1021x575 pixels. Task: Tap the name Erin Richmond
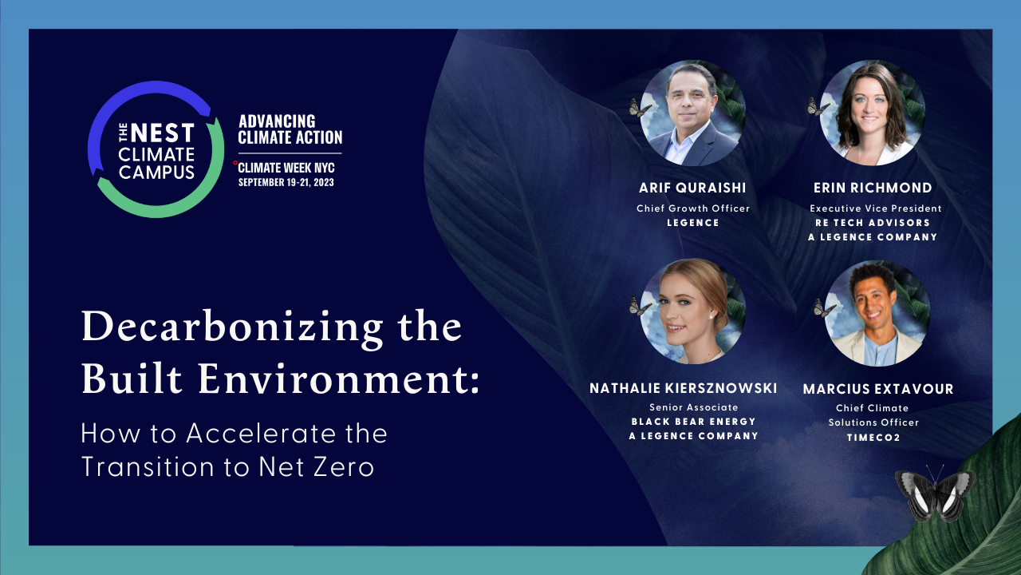click(x=873, y=188)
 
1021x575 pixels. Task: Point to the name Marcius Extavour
click(x=878, y=389)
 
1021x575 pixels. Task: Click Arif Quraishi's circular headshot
click(x=692, y=113)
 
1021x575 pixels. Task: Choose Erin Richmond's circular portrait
click(x=873, y=113)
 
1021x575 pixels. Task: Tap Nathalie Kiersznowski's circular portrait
click(x=692, y=311)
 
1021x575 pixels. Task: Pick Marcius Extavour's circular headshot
click(x=877, y=312)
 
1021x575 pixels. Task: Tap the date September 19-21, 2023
click(x=286, y=182)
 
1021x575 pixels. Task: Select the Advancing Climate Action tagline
click(x=290, y=129)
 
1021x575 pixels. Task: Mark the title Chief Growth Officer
click(x=692, y=208)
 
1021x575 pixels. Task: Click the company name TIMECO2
click(x=873, y=438)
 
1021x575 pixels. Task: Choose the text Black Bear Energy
click(x=693, y=422)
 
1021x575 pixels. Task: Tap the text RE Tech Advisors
click(x=873, y=223)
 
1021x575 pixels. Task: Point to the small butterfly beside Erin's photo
click(x=817, y=107)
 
